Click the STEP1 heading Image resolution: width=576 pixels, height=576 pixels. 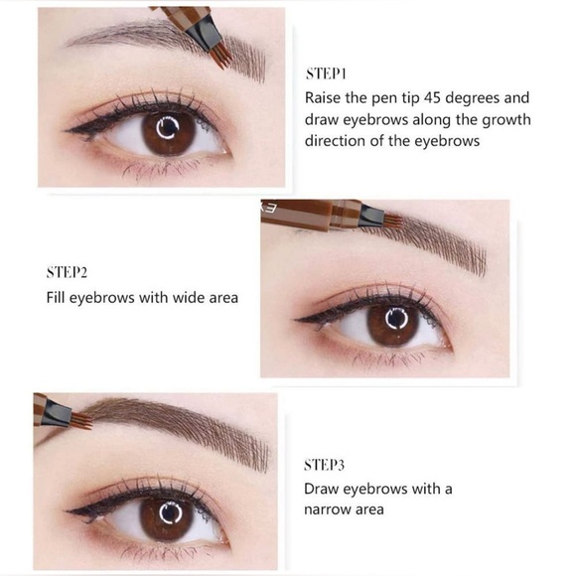click(324, 74)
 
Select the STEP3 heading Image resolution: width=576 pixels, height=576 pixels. click(326, 464)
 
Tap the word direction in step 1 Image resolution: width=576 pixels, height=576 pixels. click(337, 141)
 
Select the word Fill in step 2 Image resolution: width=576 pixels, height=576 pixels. click(58, 297)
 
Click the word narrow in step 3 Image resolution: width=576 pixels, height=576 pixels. click(330, 509)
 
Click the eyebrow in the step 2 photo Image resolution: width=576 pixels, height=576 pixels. click(437, 243)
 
